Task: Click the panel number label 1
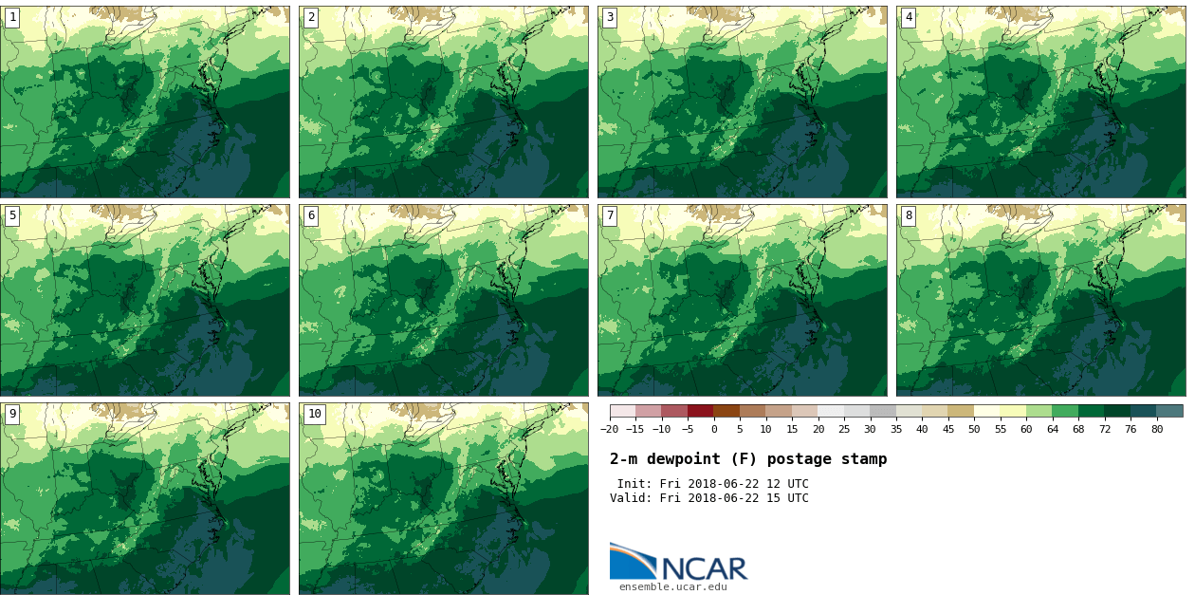tap(12, 17)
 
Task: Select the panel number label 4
tap(909, 17)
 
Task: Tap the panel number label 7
tap(610, 215)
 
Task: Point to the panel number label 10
tap(314, 414)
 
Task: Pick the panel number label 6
tap(311, 215)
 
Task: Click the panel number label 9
tap(12, 414)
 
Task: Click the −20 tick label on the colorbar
tap(610, 430)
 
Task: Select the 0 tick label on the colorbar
tap(714, 430)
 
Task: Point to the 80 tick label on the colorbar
tap(1157, 430)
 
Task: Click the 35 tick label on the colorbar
tap(896, 430)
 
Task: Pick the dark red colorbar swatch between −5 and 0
tap(701, 411)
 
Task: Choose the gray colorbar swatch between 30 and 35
tap(883, 411)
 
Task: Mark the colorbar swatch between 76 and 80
tap(1144, 411)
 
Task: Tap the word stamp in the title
tap(863, 459)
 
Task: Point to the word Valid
tap(628, 498)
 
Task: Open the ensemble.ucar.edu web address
tap(672, 587)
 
